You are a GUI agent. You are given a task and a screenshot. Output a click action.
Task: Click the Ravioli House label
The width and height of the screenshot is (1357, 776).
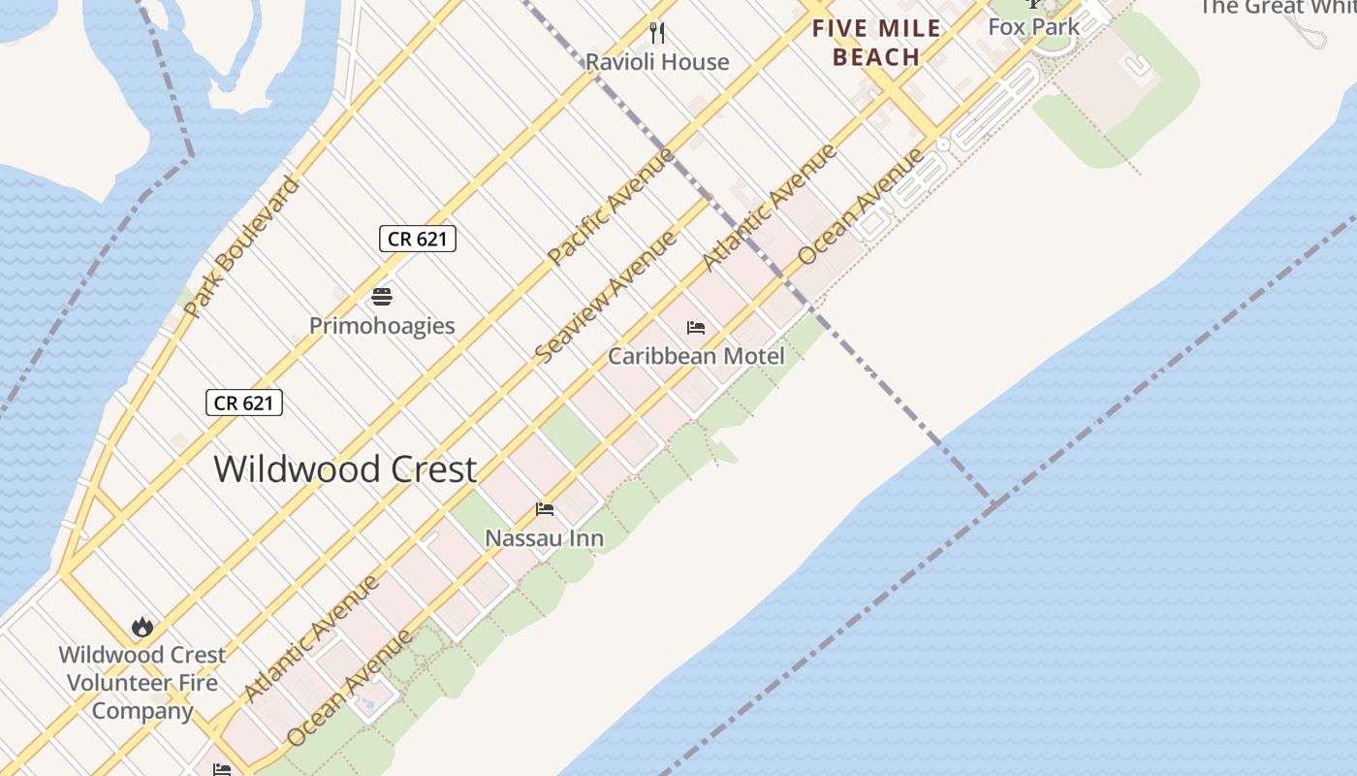pyautogui.click(x=656, y=62)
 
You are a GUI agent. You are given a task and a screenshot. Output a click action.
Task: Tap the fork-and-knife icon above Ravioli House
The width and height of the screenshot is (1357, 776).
pyautogui.click(x=657, y=33)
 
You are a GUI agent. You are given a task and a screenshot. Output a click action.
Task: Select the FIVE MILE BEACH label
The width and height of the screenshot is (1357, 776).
pyautogui.click(x=876, y=43)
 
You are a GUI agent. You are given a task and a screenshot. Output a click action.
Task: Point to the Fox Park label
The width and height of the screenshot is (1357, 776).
pyautogui.click(x=1033, y=27)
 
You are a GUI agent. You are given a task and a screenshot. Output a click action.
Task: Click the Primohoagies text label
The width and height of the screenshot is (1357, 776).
pyautogui.click(x=382, y=326)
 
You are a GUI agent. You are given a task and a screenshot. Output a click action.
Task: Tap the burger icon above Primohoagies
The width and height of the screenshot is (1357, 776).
pyautogui.click(x=382, y=297)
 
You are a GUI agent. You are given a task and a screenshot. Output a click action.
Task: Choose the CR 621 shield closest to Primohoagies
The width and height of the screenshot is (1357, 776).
pyautogui.click(x=417, y=239)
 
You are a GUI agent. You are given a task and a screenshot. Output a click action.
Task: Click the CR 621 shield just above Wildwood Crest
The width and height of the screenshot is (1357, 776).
pyautogui.click(x=243, y=403)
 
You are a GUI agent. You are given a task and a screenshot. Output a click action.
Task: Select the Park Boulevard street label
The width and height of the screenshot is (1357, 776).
pyautogui.click(x=241, y=247)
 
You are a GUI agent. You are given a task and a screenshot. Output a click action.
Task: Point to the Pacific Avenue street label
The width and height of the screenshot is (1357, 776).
pyautogui.click(x=611, y=207)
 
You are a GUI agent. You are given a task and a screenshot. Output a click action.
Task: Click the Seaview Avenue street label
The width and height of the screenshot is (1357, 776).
pyautogui.click(x=605, y=298)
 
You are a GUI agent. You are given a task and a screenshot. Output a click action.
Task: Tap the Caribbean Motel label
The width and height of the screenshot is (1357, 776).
pyautogui.click(x=696, y=356)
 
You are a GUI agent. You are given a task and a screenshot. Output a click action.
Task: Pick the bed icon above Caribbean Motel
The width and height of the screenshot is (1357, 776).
pyautogui.click(x=696, y=328)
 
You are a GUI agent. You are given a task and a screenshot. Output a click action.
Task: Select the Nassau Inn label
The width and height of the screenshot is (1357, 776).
pyautogui.click(x=544, y=538)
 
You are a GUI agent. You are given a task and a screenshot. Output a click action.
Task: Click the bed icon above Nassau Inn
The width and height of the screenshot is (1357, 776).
pyautogui.click(x=545, y=509)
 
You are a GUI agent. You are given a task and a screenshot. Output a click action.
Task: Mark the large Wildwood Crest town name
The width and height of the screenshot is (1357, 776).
pyautogui.click(x=345, y=469)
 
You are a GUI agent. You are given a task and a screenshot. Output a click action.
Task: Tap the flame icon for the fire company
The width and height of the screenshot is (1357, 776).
pyautogui.click(x=142, y=627)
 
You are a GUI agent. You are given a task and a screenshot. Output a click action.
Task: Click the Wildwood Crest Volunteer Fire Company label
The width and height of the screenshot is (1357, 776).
pyautogui.click(x=142, y=683)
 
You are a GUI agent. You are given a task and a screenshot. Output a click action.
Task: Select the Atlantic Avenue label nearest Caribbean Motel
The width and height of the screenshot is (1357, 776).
pyautogui.click(x=769, y=208)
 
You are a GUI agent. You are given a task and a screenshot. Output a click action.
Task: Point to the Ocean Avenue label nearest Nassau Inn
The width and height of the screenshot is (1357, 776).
pyautogui.click(x=351, y=688)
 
